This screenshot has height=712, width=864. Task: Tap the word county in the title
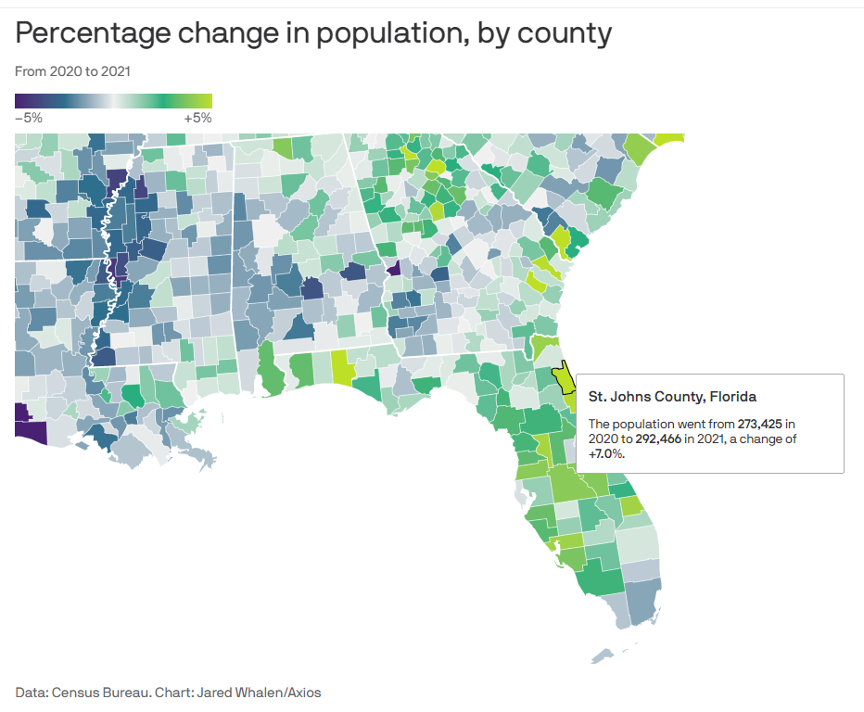pyautogui.click(x=561, y=34)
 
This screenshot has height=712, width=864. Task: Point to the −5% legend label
pyautogui.click(x=29, y=118)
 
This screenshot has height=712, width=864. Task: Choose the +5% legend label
pyautogui.click(x=197, y=118)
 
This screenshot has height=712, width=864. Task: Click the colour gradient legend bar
pyautogui.click(x=113, y=101)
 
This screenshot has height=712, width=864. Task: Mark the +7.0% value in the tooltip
pyautogui.click(x=606, y=454)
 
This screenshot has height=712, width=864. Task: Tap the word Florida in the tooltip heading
pyautogui.click(x=731, y=397)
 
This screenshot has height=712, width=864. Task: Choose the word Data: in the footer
pyautogui.click(x=32, y=692)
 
